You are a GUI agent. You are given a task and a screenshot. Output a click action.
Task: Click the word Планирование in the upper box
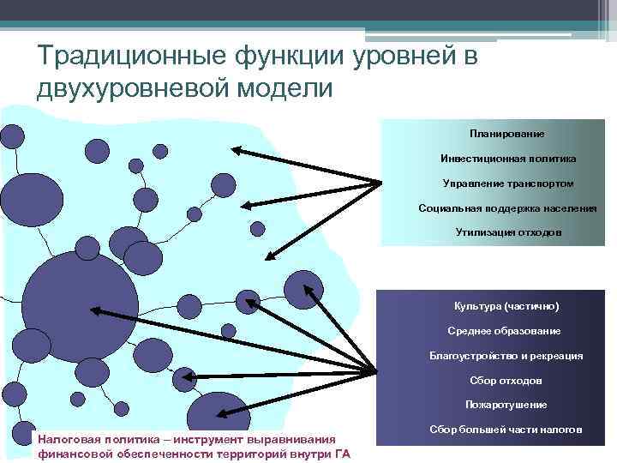click(506, 135)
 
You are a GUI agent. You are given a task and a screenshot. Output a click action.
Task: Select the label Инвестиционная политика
click(508, 159)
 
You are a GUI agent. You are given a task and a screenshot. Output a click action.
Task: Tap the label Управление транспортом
click(508, 183)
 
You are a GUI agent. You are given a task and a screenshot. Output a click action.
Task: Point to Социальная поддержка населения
click(508, 208)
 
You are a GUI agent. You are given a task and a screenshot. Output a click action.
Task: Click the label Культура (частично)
click(506, 306)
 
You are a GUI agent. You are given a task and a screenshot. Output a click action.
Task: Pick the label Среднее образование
click(505, 331)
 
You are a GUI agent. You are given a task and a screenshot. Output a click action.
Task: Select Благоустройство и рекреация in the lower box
click(506, 355)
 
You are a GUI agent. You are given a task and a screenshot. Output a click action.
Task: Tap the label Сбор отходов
click(506, 380)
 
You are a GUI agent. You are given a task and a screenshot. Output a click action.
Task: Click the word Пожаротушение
click(506, 404)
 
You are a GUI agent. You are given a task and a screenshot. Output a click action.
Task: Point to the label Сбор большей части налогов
click(506, 428)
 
